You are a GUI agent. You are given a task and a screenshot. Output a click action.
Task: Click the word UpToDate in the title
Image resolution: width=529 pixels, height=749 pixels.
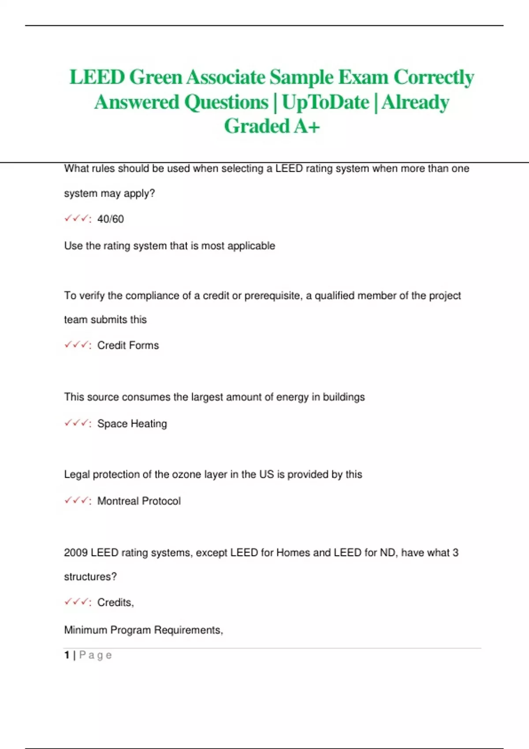pos(325,102)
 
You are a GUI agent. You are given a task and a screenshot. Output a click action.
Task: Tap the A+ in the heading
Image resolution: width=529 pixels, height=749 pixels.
pos(307,126)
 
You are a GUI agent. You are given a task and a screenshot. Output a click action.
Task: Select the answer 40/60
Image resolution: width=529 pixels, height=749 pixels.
pos(110,219)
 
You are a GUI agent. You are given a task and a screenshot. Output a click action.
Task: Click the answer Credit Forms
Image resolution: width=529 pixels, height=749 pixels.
pos(128,345)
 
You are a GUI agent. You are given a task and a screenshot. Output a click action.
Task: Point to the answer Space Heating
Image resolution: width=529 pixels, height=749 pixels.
pos(132,424)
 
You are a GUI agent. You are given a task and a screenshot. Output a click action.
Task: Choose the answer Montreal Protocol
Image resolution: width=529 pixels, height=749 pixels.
pos(139,501)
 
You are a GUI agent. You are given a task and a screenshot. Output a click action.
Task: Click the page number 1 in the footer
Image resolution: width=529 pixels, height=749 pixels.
pos(67,655)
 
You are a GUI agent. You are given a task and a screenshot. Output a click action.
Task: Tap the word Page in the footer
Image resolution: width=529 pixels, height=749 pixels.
pos(95,655)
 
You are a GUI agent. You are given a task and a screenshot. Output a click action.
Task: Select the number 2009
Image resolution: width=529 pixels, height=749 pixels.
pos(76,552)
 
